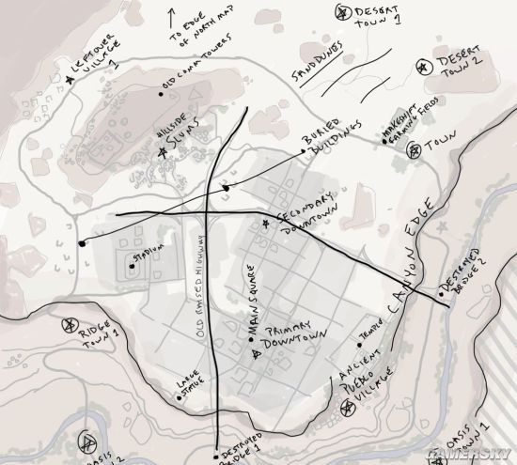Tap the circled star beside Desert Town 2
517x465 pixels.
click(x=419, y=65)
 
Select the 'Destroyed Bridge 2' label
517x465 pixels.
click(x=463, y=274)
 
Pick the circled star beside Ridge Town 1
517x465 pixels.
click(x=68, y=326)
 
